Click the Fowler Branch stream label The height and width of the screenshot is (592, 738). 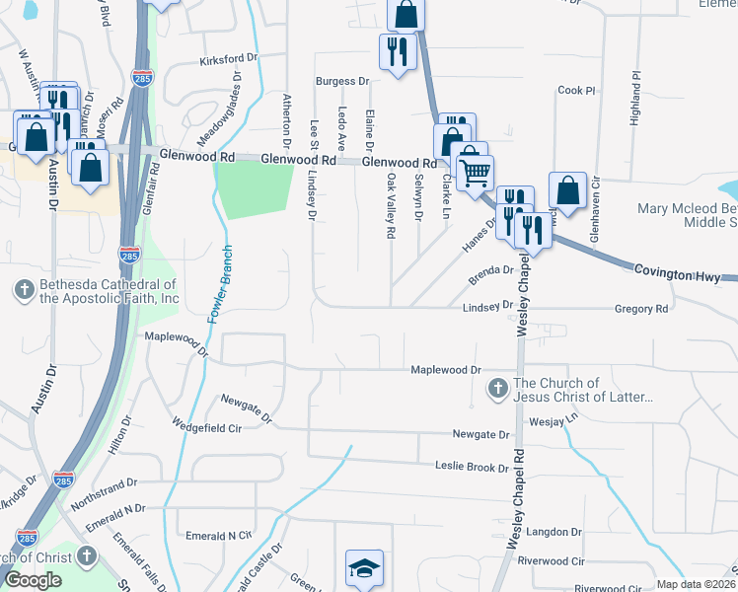point(220,284)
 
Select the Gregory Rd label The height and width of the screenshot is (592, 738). point(641,309)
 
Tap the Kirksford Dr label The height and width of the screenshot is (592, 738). point(228,59)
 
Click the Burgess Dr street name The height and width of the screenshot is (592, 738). point(341,82)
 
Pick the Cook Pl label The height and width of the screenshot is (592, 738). point(577,91)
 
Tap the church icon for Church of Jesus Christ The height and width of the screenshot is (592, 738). point(499,390)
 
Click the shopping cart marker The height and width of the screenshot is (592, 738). point(476,173)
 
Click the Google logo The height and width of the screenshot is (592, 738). point(33,580)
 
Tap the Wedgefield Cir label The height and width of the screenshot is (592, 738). point(206,428)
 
